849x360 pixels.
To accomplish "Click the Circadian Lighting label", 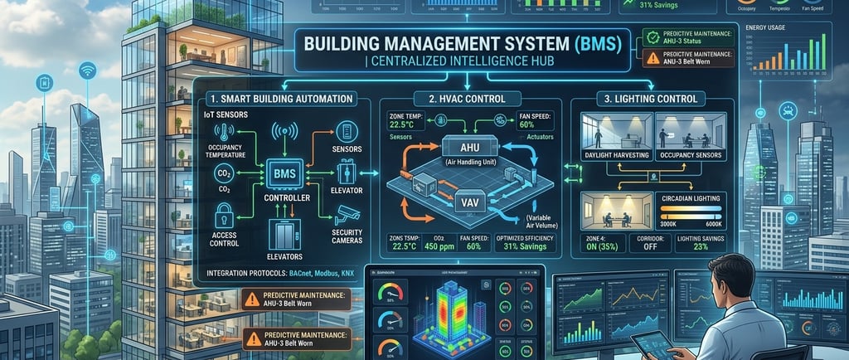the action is click(696, 199).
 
